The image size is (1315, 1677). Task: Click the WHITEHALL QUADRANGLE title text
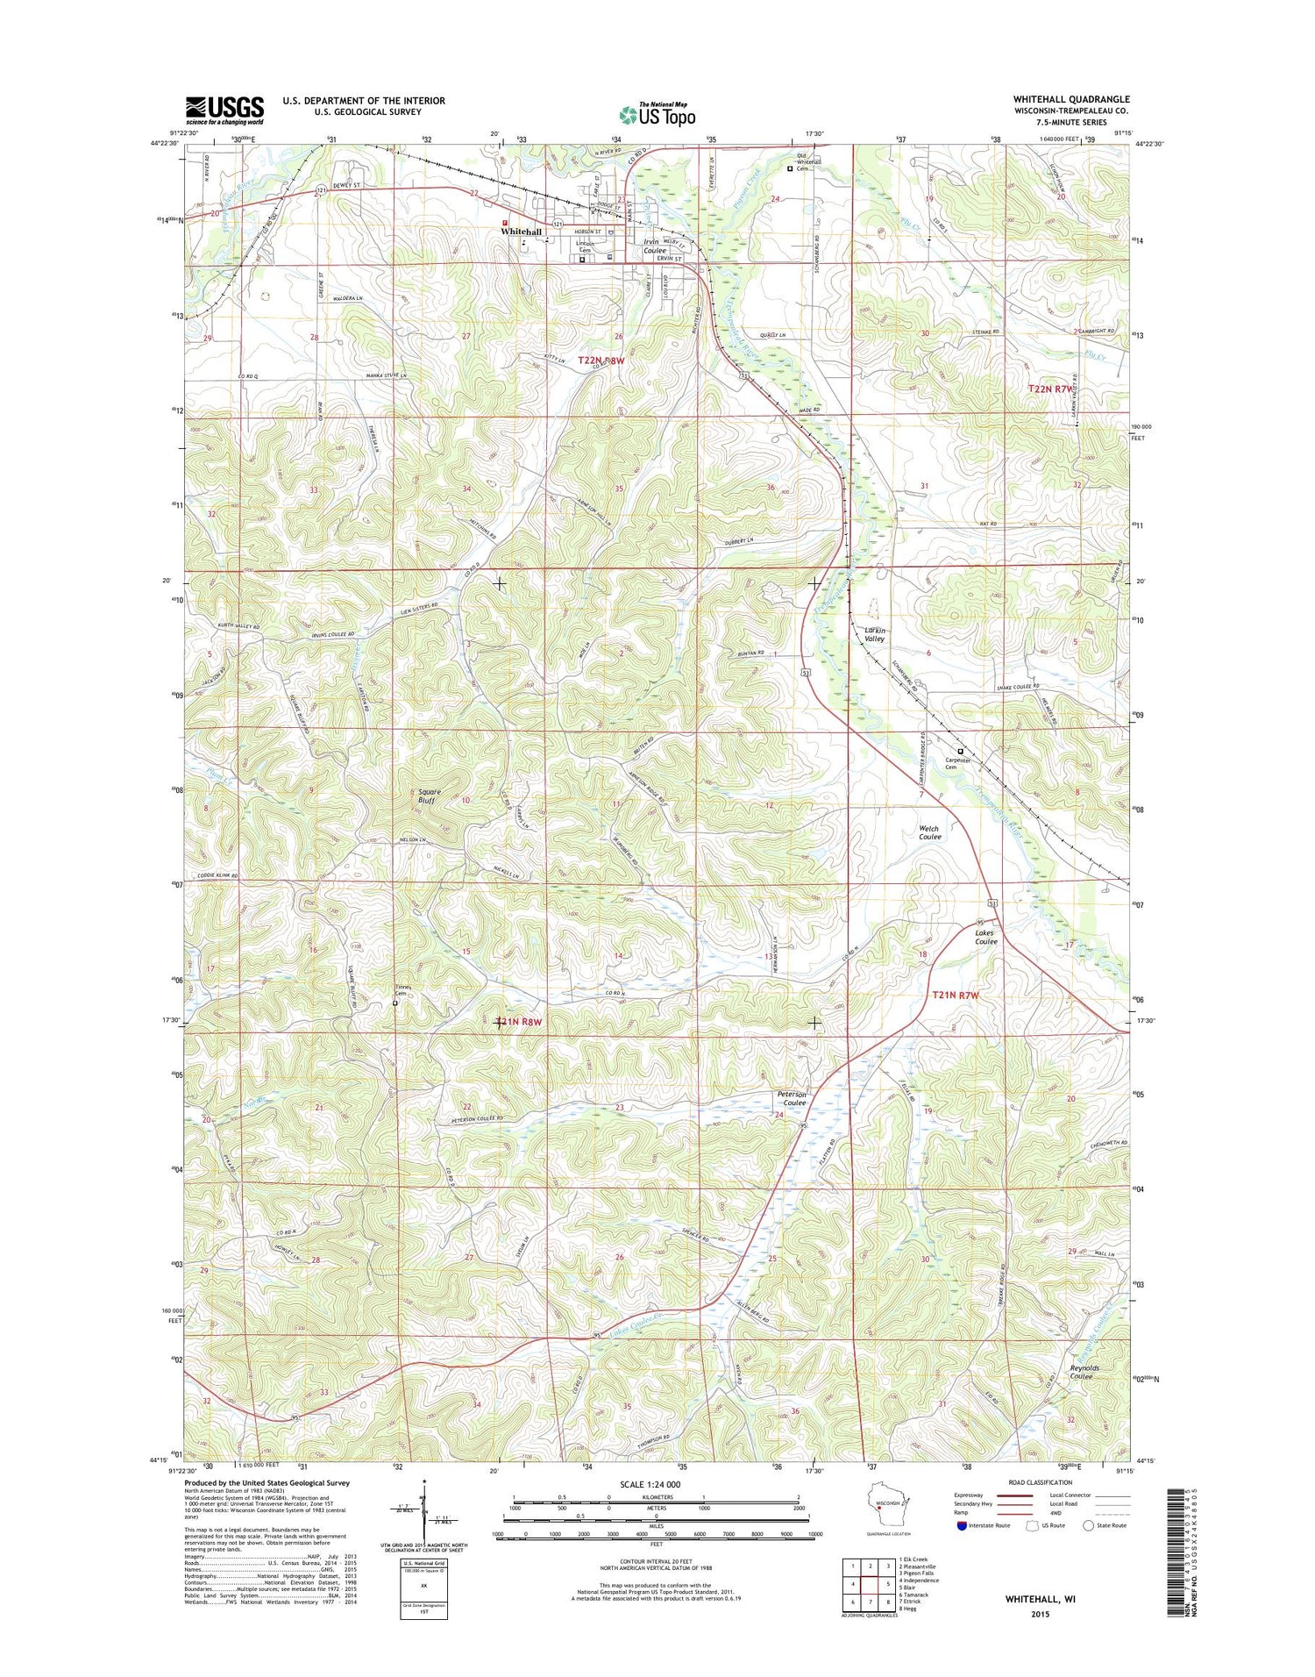coord(1071,99)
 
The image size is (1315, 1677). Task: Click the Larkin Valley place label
coord(875,635)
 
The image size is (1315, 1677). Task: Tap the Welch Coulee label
coord(929,832)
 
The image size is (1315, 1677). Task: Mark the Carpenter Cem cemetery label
coord(961,764)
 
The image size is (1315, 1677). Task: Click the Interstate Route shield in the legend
coord(962,1525)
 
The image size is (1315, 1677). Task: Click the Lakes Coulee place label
coord(986,938)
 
